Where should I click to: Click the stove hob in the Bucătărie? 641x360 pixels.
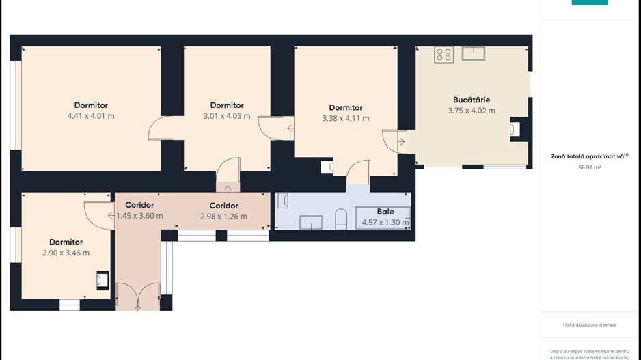tap(444, 55)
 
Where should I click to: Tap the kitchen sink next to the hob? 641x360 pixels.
tap(474, 53)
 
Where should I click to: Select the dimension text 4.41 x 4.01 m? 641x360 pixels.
tap(91, 116)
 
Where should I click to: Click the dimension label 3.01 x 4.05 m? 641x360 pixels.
tap(227, 116)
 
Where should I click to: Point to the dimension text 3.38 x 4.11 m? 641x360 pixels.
tap(346, 118)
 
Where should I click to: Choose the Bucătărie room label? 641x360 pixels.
tap(472, 100)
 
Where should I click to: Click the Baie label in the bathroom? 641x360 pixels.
tap(385, 212)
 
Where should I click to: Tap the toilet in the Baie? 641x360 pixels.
tap(341, 219)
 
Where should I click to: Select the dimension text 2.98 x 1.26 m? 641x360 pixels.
tap(223, 217)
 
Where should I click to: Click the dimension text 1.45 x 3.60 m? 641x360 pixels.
tap(140, 216)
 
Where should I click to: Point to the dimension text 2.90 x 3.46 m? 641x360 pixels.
tap(66, 253)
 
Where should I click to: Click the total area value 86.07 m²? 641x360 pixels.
tap(590, 167)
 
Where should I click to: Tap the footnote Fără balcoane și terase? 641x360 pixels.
tap(590, 325)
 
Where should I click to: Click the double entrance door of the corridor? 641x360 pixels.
tap(138, 296)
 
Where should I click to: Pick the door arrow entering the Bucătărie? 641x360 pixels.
tap(401, 142)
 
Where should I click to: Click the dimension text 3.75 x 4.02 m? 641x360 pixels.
tap(472, 111)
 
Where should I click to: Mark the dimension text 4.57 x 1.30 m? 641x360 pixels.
tap(385, 223)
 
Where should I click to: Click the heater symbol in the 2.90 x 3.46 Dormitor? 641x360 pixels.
tap(103, 280)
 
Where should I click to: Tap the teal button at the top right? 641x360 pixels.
tap(590, 3)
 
